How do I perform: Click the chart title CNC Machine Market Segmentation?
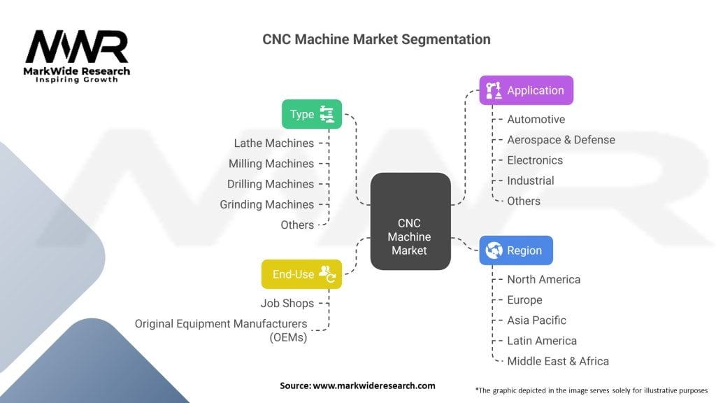376,39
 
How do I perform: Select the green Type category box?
311,114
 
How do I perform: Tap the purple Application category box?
526,90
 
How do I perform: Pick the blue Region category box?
515,250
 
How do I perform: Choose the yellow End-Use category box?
301,274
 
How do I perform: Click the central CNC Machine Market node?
410,221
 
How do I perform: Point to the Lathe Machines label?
273,143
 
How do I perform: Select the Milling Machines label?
271,164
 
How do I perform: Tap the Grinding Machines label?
266,204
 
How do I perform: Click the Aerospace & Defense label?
561,140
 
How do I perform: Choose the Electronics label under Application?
535,160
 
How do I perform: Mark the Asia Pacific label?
536,320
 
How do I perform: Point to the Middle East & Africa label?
558,361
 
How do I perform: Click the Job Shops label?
287,304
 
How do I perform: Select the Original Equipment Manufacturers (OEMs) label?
221,330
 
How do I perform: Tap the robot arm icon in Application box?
494,90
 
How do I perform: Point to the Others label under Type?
297,225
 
